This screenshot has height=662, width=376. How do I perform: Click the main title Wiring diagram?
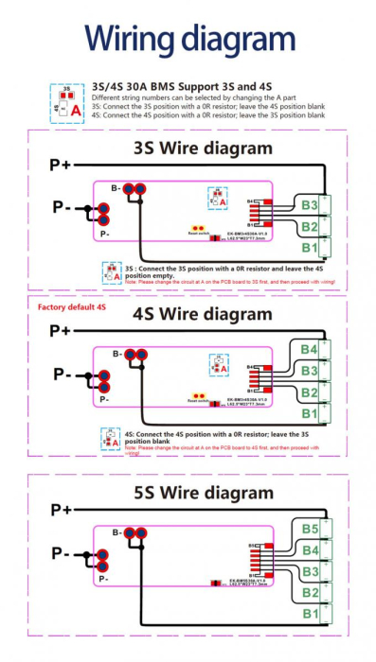point(188,40)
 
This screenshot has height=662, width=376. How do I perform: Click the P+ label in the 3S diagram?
point(61,165)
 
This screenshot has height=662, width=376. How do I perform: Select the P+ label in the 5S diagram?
point(61,510)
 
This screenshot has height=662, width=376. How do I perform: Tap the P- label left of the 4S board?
point(61,375)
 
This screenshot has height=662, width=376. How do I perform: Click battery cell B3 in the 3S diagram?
point(310,204)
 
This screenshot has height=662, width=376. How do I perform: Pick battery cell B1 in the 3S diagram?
point(310,248)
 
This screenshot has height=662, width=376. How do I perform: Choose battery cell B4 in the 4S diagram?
point(310,350)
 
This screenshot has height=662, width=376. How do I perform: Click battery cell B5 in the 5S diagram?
point(310,529)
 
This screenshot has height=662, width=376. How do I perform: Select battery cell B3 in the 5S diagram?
point(310,571)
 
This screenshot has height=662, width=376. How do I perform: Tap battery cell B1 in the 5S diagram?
point(310,614)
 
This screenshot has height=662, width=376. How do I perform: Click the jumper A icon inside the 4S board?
point(220,363)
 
